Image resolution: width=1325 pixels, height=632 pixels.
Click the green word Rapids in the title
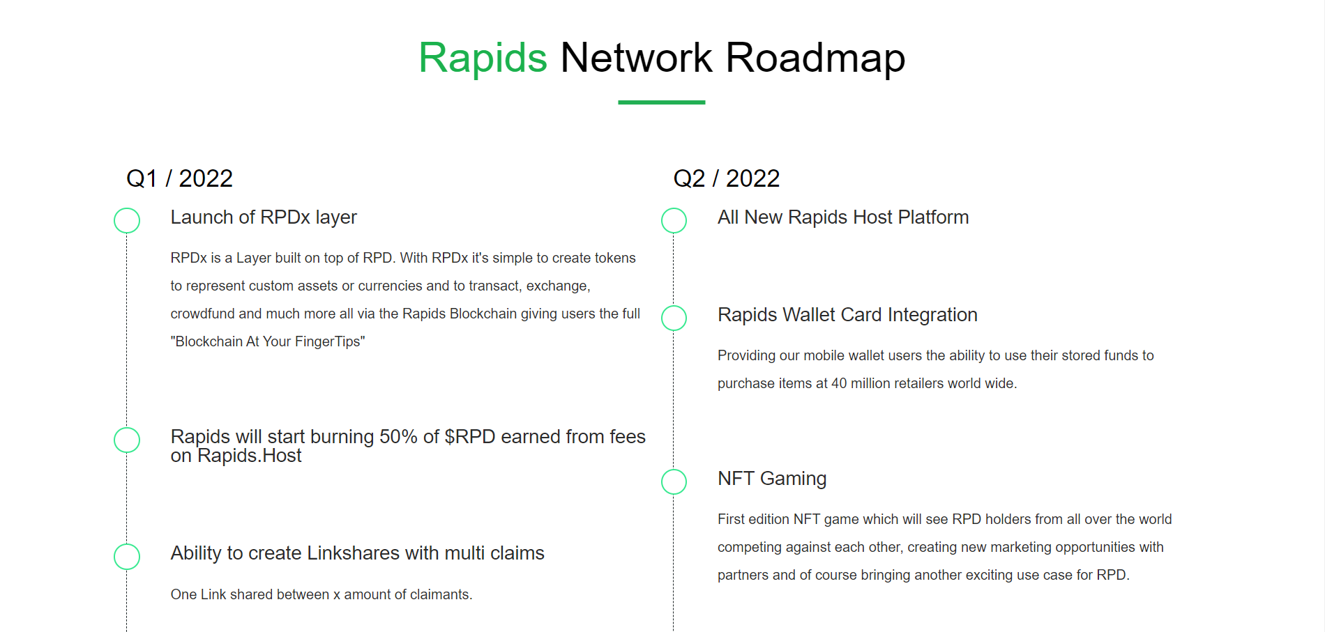(x=483, y=58)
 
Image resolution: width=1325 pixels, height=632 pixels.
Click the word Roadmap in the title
(x=815, y=58)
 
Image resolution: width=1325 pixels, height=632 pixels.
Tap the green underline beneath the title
(x=661, y=102)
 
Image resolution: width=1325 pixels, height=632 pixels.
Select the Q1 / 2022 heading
(x=179, y=178)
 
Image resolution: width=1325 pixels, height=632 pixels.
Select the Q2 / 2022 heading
(x=726, y=178)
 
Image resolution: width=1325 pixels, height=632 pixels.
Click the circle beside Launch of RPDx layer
(x=127, y=208)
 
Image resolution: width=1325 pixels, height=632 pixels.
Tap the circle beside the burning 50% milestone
(x=127, y=428)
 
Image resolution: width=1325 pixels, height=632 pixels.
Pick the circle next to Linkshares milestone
(x=127, y=544)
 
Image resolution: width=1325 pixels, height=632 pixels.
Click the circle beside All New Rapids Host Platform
(x=674, y=208)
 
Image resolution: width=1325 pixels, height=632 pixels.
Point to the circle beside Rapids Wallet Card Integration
(x=674, y=306)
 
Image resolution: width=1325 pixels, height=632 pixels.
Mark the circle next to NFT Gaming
(x=674, y=470)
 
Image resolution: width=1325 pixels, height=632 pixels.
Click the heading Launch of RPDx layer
(x=264, y=218)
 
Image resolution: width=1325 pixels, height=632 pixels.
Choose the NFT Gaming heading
(x=772, y=479)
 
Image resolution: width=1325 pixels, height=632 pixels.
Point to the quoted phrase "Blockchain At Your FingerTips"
(x=268, y=341)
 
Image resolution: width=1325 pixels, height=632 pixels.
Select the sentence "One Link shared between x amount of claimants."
(x=321, y=594)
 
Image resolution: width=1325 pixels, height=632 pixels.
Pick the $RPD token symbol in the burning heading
(x=470, y=437)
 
